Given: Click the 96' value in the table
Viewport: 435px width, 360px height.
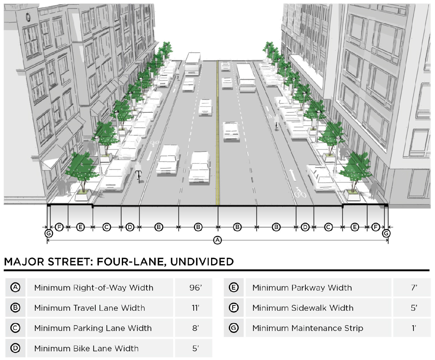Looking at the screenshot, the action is click(195, 287).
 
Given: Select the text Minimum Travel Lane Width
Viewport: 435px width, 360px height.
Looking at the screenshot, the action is click(90, 308).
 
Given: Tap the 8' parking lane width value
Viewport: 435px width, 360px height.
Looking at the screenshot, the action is click(195, 328).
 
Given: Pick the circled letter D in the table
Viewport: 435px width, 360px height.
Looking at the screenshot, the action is click(15, 348).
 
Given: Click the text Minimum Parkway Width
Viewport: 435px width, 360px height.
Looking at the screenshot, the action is click(302, 287).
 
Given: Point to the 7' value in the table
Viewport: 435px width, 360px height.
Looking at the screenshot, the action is click(414, 287).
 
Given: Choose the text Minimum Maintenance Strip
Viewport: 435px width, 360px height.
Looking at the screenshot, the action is click(307, 328).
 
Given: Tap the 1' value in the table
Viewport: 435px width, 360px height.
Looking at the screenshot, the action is click(414, 328).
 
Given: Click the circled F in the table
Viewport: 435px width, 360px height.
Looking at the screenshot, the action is click(234, 308).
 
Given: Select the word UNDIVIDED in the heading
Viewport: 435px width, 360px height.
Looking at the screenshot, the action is click(202, 261).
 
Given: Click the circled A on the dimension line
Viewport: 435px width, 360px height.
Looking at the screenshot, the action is click(218, 240).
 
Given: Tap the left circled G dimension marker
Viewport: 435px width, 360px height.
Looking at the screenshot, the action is click(48, 233).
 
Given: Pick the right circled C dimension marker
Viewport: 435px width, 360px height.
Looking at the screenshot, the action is click(328, 227).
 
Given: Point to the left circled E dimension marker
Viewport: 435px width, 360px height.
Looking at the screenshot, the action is click(81, 227).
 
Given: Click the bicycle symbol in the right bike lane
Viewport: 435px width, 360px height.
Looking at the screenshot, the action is click(300, 193).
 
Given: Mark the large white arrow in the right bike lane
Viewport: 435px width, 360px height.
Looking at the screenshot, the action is click(293, 174).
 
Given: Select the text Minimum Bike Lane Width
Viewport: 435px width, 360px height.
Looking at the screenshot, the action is click(86, 348).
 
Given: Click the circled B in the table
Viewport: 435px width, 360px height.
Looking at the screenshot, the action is click(15, 308).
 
